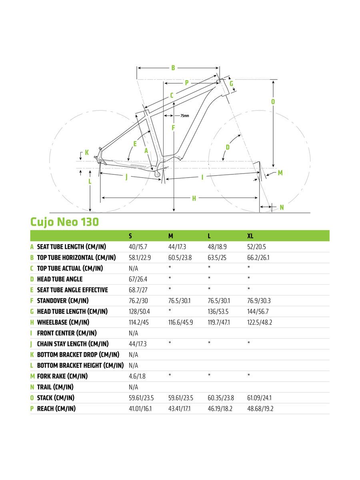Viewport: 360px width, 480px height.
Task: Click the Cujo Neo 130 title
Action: (64, 222)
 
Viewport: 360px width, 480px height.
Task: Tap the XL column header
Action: (250, 236)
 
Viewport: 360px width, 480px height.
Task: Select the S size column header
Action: (130, 236)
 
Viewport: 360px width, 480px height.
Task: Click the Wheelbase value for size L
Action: (218, 322)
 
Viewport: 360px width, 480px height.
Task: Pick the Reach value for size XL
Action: (260, 409)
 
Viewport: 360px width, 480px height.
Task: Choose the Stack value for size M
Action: (180, 398)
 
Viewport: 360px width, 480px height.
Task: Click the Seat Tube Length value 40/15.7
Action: (138, 247)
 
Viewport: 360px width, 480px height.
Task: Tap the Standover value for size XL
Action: (259, 301)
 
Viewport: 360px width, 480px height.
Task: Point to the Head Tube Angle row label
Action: (60, 279)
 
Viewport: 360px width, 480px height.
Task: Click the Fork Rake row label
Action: (62, 376)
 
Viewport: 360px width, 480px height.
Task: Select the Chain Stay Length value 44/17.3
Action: (138, 344)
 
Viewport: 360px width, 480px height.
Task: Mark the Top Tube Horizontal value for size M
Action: (180, 258)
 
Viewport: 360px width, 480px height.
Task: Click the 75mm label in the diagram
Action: (185, 116)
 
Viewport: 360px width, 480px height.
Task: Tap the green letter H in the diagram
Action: (194, 198)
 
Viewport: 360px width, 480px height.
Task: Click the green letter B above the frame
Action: (173, 68)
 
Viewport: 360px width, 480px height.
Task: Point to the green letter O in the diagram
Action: (273, 102)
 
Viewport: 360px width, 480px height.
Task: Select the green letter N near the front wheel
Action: (282, 207)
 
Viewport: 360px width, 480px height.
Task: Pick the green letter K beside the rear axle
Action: (87, 152)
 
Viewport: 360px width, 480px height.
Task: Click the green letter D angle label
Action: (228, 147)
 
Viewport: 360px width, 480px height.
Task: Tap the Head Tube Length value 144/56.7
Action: (258, 312)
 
